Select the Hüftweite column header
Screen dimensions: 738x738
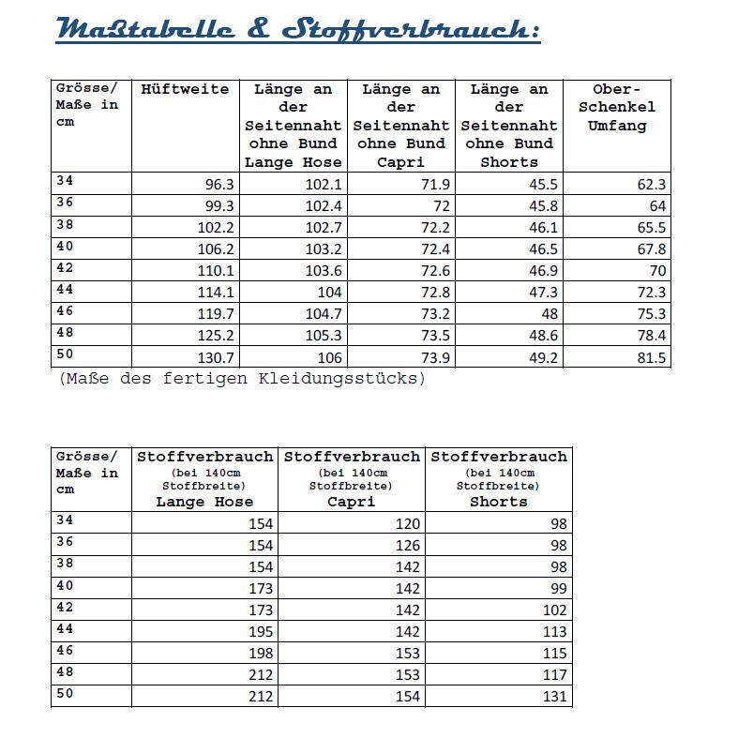tap(185, 90)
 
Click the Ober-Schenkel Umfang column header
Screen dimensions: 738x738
tap(617, 108)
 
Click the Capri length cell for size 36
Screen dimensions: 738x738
tap(440, 206)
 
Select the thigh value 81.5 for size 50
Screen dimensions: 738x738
tap(649, 357)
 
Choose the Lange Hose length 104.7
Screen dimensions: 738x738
tap(324, 314)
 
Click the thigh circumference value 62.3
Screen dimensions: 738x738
tap(649, 185)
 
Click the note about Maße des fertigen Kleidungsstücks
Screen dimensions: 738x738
tap(242, 379)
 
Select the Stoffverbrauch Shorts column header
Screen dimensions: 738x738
tap(499, 478)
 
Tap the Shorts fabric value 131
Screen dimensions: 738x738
tap(555, 697)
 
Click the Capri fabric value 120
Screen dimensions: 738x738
tap(408, 523)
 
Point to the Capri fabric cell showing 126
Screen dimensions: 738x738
tap(408, 545)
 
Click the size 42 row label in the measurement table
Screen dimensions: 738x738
tap(65, 268)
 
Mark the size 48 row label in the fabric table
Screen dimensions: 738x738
tap(65, 671)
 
